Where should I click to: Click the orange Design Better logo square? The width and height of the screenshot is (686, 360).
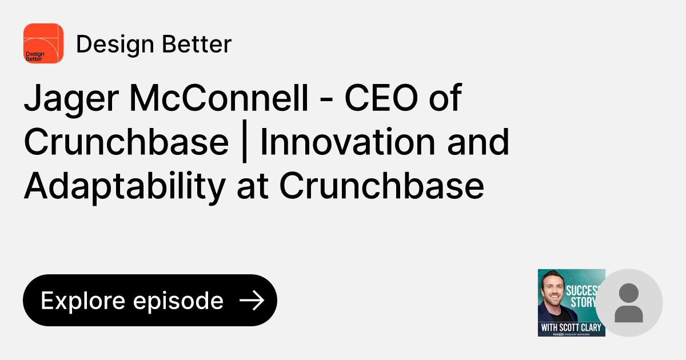pyautogui.click(x=43, y=43)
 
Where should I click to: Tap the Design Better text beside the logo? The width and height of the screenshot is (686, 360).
pyautogui.click(x=153, y=44)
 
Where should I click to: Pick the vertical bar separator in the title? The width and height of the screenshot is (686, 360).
pyautogui.click(x=244, y=143)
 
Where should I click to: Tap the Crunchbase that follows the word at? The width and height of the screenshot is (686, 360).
pyautogui.click(x=382, y=186)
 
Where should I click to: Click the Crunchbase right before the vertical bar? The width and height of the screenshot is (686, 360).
pyautogui.click(x=126, y=142)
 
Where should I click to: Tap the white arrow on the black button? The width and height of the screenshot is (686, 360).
pyautogui.click(x=251, y=301)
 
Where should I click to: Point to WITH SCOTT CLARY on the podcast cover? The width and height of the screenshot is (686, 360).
pyautogui.click(x=571, y=328)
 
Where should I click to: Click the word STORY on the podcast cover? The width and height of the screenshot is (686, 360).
pyautogui.click(x=583, y=302)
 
